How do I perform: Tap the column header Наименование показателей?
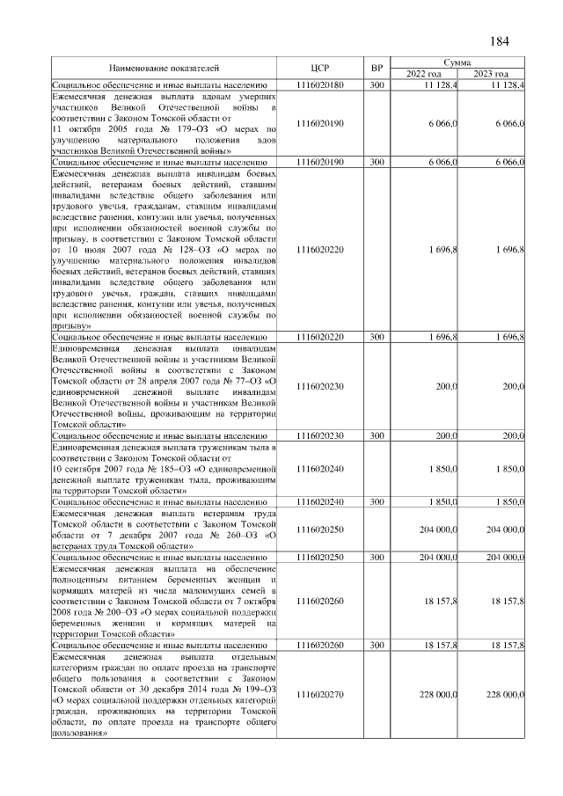point(164,68)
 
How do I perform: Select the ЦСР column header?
point(319,68)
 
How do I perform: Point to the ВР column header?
point(377,68)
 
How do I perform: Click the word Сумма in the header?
point(457,62)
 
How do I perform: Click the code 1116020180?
point(319,84)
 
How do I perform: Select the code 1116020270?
point(319,695)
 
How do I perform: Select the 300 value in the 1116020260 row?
point(377,646)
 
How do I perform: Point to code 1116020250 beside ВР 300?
point(319,558)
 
